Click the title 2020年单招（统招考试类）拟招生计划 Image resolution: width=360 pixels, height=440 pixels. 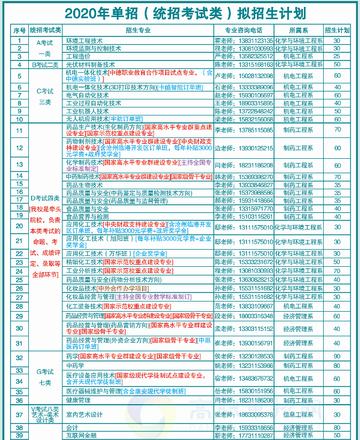(180, 12)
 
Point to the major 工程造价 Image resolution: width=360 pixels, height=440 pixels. (78, 56)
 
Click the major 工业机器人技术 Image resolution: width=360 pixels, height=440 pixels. (87, 111)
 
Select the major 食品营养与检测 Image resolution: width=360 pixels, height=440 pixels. (87, 217)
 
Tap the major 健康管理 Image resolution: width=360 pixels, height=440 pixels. (78, 400)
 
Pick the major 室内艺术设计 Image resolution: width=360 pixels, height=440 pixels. (84, 414)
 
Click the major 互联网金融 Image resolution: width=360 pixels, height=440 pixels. (81, 436)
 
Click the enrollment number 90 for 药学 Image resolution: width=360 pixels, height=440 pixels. (337, 356)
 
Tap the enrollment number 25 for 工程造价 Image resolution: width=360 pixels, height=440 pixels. (337, 56)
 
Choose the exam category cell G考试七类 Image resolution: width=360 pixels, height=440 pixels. (45, 377)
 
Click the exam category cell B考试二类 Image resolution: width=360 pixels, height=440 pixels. (45, 64)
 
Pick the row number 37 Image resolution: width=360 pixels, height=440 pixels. (19, 414)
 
